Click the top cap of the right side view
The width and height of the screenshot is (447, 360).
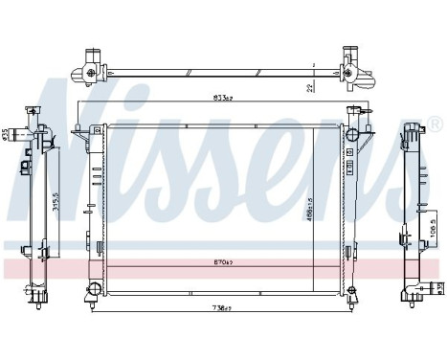pos(413,130)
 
